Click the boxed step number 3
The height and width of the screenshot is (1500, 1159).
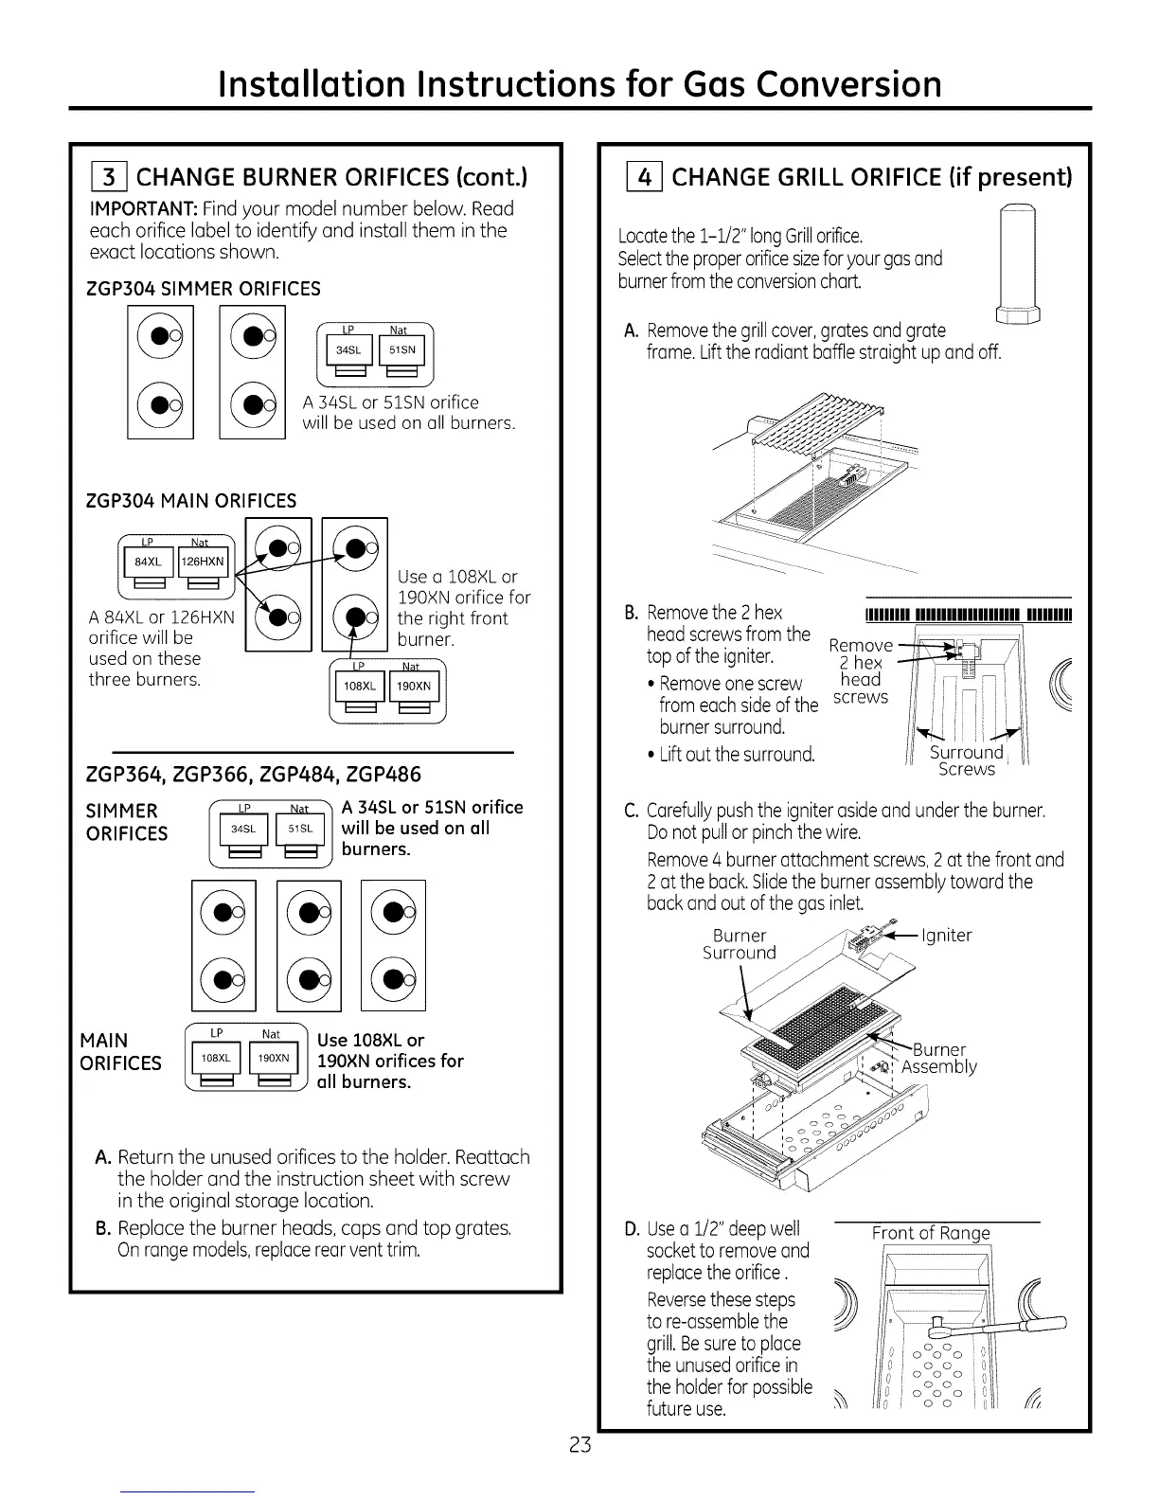click(110, 177)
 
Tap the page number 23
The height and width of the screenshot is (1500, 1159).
click(579, 1445)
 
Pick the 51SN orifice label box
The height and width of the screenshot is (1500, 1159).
click(402, 349)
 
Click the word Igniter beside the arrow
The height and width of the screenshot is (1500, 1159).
click(946, 936)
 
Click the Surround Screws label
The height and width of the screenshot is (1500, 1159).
click(966, 760)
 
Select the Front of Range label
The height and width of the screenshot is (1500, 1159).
click(931, 1233)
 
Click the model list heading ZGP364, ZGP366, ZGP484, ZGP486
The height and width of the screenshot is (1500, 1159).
click(254, 774)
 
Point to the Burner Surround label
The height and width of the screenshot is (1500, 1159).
click(740, 944)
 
